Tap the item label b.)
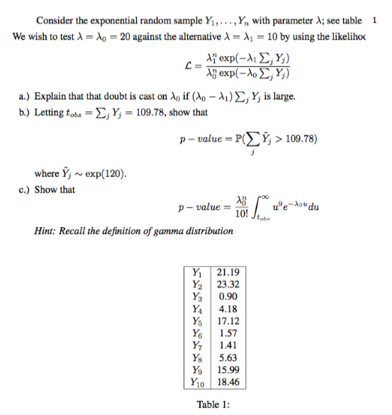pos(23,111)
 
